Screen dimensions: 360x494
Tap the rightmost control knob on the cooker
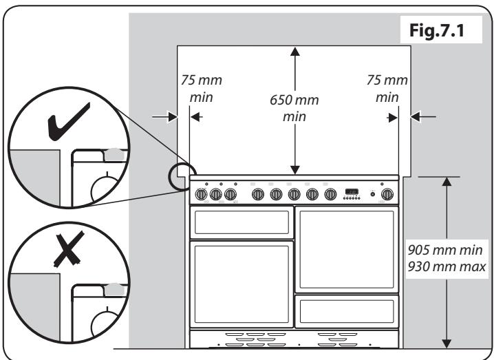tap(387, 195)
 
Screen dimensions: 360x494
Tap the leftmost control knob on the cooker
tap(202, 195)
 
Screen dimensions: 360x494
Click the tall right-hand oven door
tap(346, 249)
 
